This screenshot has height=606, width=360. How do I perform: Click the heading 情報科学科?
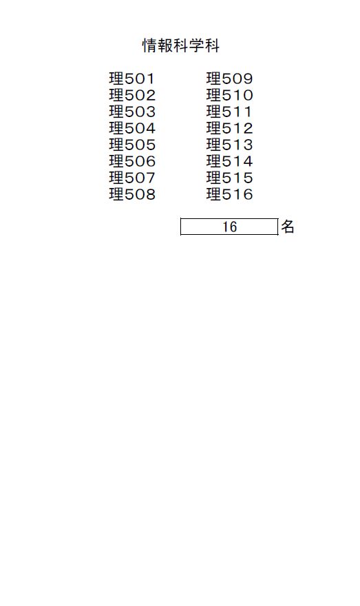tap(181, 45)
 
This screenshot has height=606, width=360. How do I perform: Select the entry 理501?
tap(131, 79)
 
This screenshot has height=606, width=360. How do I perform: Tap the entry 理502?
tap(132, 95)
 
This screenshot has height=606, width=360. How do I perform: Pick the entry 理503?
tap(132, 112)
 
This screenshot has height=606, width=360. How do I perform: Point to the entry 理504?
tap(132, 128)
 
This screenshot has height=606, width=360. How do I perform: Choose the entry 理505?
tap(132, 145)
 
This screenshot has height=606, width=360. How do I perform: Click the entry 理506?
tap(132, 161)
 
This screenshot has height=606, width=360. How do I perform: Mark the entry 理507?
tap(132, 178)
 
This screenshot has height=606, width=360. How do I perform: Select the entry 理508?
tap(132, 194)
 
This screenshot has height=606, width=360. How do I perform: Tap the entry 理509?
tap(229, 79)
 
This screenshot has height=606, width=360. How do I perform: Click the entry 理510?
tap(229, 95)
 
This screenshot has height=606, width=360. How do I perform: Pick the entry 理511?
tap(229, 112)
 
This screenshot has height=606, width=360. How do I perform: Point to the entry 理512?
tap(229, 128)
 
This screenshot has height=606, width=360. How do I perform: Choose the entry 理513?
tap(229, 145)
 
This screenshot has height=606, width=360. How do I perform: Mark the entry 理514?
tap(229, 161)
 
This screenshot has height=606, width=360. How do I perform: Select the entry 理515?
tap(229, 178)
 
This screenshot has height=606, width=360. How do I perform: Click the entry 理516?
tap(229, 194)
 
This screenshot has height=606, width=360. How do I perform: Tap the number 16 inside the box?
tap(229, 227)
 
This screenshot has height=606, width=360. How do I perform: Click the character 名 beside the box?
tap(288, 227)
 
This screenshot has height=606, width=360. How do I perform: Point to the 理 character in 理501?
tap(116, 79)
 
